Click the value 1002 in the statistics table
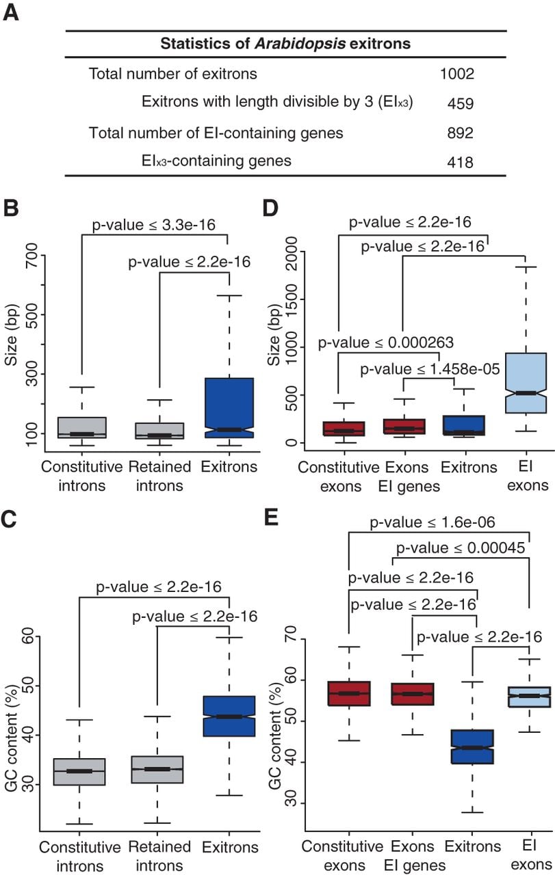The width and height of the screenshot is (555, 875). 457,73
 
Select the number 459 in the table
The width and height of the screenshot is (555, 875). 461,103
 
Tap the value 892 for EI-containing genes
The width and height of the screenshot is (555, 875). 461,133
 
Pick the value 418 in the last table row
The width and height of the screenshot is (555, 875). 461,162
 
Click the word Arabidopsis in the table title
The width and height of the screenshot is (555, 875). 300,43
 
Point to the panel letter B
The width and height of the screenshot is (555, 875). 11,208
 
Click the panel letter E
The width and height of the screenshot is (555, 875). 272,517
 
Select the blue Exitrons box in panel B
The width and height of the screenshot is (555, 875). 229,408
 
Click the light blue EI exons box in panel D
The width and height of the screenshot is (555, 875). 526,383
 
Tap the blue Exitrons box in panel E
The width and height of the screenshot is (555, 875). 472,746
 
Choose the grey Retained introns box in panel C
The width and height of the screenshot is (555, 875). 157,770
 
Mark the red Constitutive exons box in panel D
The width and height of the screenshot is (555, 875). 344,429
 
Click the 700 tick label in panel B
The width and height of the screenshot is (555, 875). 31,255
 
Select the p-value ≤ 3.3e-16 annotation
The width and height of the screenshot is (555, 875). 154,225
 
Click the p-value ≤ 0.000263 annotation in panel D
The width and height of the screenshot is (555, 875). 386,342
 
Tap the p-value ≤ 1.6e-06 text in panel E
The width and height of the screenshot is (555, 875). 433,522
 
